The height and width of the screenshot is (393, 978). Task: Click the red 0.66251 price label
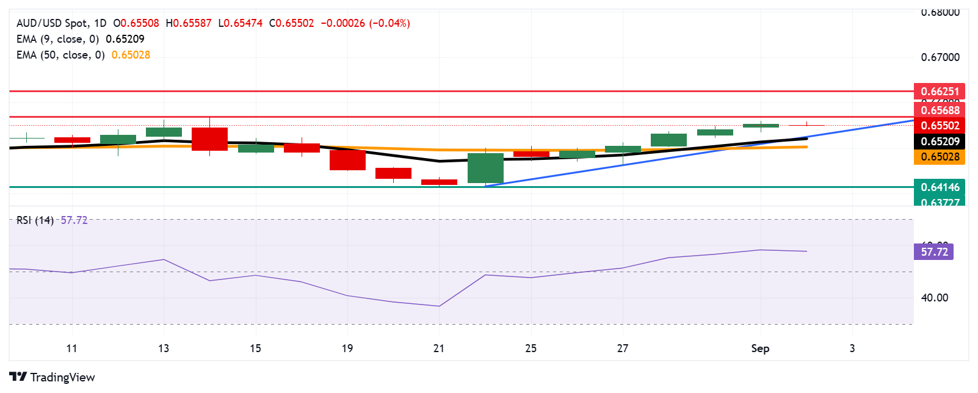click(940, 92)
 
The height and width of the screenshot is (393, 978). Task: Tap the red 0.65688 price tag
click(940, 110)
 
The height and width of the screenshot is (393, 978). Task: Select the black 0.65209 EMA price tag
click(940, 142)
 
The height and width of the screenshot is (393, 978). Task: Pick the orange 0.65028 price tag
click(940, 157)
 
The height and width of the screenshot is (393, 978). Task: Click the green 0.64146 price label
click(940, 187)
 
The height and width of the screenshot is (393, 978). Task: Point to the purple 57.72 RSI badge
click(933, 251)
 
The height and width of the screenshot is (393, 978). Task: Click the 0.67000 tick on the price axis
click(940, 57)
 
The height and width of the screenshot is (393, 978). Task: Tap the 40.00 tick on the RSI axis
click(934, 298)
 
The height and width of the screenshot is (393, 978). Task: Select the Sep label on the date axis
click(760, 348)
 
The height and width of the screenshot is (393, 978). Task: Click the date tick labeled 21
click(439, 348)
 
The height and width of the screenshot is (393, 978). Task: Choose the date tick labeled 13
click(164, 348)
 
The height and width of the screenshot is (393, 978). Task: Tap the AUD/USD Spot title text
click(53, 23)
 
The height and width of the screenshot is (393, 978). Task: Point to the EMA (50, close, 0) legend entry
click(60, 55)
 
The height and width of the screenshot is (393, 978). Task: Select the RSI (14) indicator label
click(35, 220)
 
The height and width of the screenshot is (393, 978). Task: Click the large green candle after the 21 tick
click(485, 168)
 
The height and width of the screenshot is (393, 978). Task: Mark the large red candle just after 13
click(209, 139)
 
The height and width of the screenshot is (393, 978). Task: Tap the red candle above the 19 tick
click(347, 160)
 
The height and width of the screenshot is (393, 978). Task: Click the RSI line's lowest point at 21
click(439, 306)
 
